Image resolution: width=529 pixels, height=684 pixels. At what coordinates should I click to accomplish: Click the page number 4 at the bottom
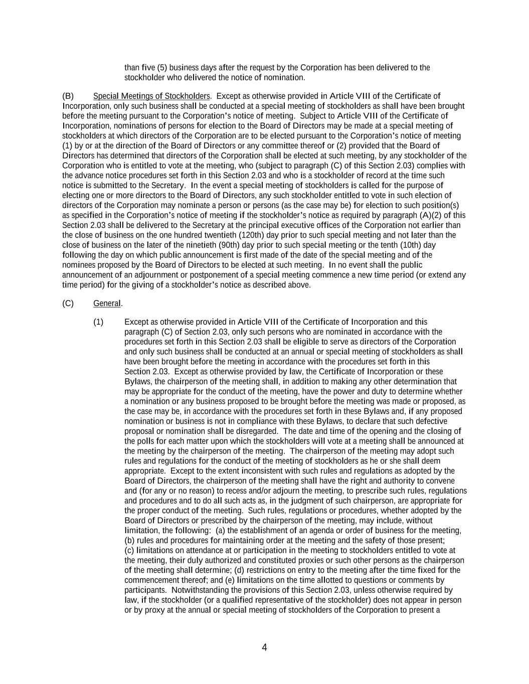point(264,647)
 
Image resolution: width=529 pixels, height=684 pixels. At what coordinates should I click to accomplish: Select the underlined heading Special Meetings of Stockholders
point(151,96)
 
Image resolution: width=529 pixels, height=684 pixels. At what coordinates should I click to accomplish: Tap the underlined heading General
point(107,304)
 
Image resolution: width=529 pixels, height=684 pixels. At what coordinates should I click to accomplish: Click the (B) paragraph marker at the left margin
point(68,96)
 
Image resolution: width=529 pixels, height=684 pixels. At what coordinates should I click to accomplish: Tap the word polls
point(146,441)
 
